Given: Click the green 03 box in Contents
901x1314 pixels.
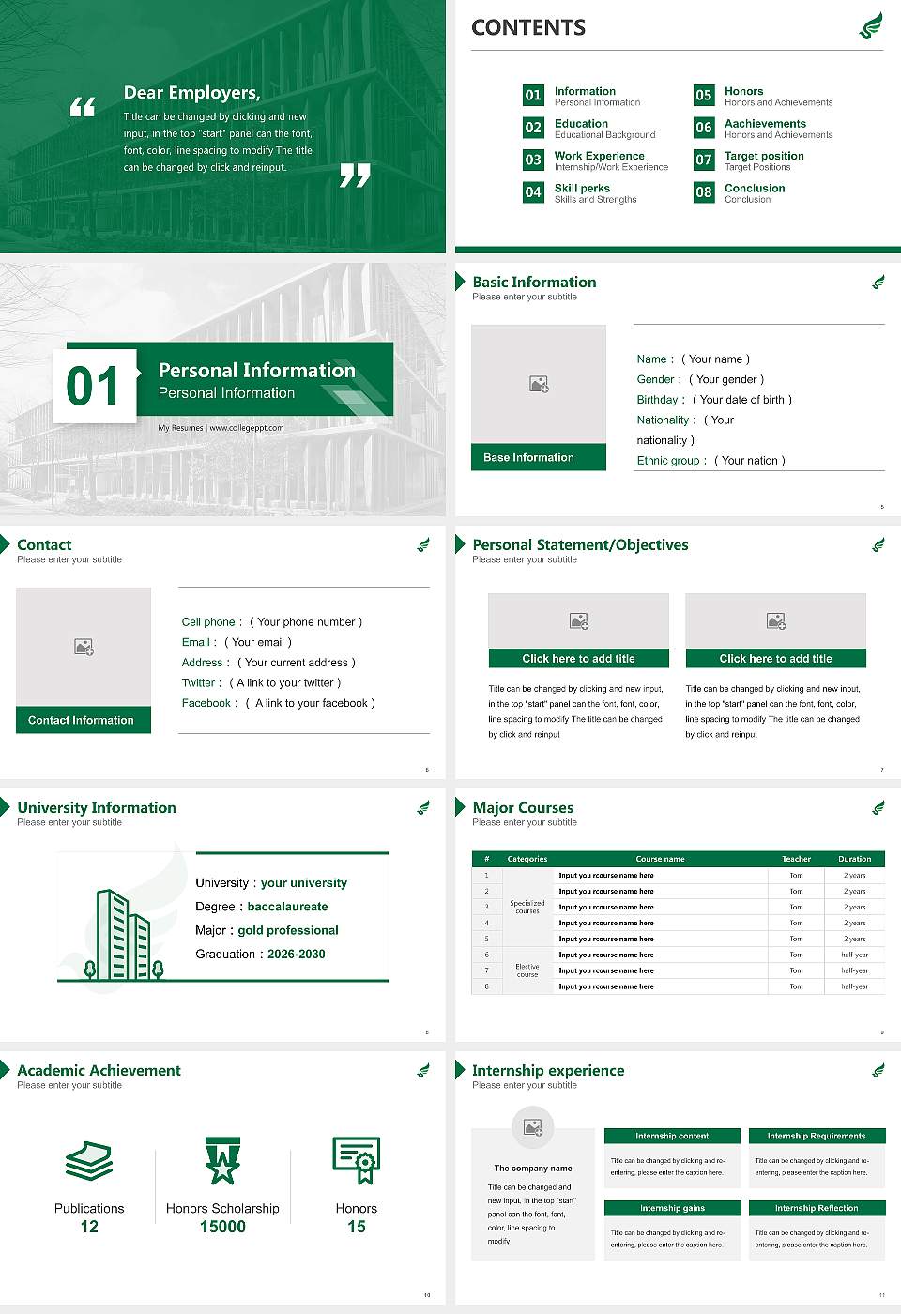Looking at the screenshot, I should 533,160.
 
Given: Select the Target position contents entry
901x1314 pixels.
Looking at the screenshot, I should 763,156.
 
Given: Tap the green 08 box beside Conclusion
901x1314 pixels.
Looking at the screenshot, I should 704,192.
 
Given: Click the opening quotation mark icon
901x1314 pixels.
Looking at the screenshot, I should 83,107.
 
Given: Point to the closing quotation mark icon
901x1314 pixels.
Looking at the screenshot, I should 355,175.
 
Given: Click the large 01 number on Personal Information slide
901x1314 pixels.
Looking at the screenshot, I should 93,386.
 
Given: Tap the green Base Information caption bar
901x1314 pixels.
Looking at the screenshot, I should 538,457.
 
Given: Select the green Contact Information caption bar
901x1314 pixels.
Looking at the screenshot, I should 84,720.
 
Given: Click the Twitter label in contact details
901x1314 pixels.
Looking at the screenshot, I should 201,683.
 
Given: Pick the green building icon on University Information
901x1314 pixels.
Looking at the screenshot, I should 123,934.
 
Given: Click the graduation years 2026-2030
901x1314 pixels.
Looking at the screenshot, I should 296,954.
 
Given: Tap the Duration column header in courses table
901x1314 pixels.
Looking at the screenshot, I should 854,859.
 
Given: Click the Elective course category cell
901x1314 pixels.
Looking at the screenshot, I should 527,970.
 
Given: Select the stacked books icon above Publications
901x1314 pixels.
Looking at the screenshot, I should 89,1161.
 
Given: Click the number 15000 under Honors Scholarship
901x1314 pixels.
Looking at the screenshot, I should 222,1227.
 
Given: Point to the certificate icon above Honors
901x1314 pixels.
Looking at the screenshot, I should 357,1160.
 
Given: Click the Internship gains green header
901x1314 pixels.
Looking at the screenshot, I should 672,1208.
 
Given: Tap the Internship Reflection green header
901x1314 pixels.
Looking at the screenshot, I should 817,1208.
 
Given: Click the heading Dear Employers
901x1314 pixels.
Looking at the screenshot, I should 191,93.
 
